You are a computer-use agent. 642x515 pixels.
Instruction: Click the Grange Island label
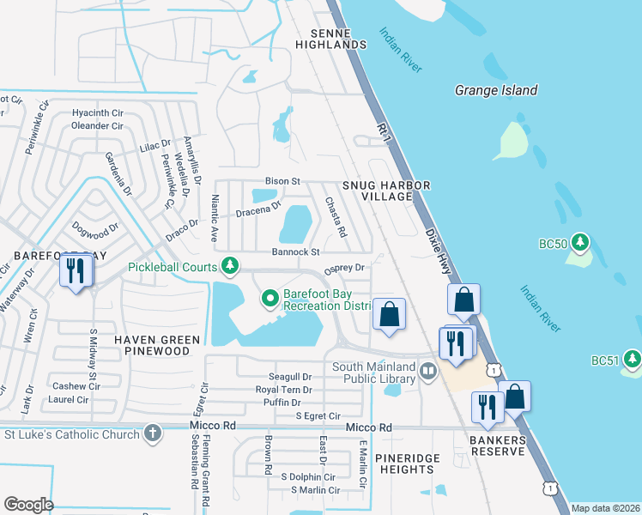click(x=495, y=90)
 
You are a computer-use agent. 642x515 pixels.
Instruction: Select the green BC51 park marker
click(x=633, y=356)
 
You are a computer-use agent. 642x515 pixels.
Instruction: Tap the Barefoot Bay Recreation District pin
click(x=270, y=299)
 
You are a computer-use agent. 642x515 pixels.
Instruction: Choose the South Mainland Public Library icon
click(x=428, y=372)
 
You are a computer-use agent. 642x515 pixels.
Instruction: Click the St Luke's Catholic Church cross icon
click(x=152, y=433)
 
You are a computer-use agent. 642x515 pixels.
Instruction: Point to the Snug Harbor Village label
click(x=385, y=191)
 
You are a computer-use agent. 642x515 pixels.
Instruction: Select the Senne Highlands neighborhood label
click(x=325, y=38)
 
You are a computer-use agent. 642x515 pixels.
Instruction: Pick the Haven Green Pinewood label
click(x=157, y=346)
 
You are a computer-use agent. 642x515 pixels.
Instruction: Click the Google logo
click(x=28, y=505)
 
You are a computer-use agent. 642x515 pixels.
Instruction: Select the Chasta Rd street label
click(x=335, y=218)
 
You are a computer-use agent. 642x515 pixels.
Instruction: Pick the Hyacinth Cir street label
click(x=98, y=112)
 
